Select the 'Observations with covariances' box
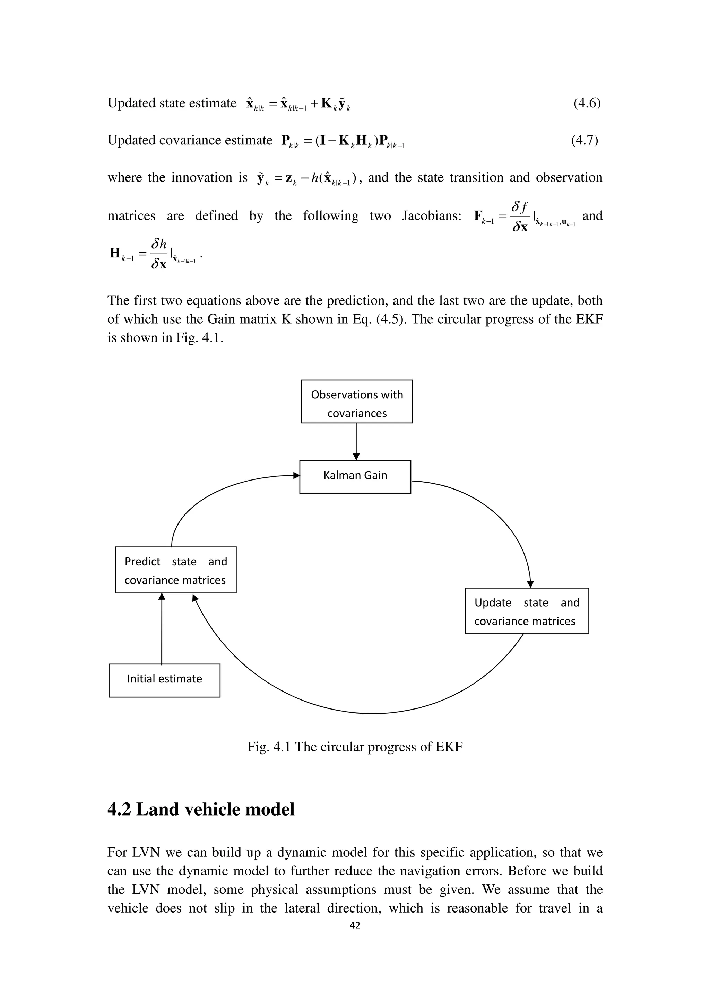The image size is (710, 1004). tap(356, 402)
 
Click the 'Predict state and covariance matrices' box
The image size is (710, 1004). tap(175, 570)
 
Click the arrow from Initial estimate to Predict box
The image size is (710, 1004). tap(162, 630)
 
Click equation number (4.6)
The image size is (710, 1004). tap(587, 103)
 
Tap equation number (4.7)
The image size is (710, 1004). tap(584, 140)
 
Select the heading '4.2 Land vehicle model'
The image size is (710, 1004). tap(201, 809)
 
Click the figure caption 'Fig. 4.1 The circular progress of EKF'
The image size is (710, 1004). tap(355, 747)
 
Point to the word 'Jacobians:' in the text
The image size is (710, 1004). tap(431, 216)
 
